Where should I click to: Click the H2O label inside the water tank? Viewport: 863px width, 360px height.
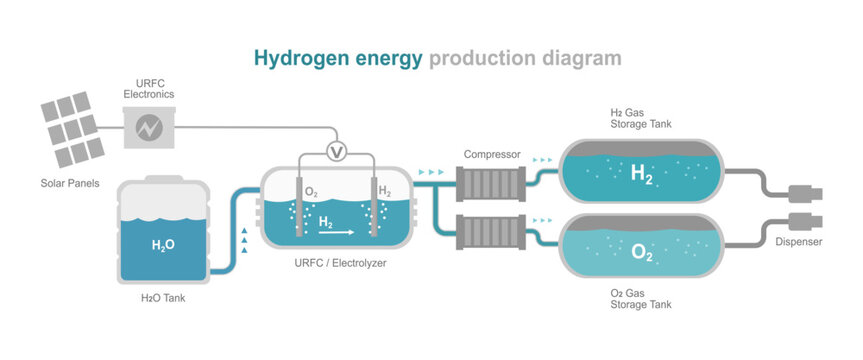tap(163, 244)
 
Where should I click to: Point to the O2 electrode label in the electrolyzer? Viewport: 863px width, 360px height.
tap(311, 192)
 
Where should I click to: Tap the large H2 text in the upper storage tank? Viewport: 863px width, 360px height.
tap(641, 175)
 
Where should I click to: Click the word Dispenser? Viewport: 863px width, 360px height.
tap(799, 241)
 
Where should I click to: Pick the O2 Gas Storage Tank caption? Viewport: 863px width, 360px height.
tap(641, 297)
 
